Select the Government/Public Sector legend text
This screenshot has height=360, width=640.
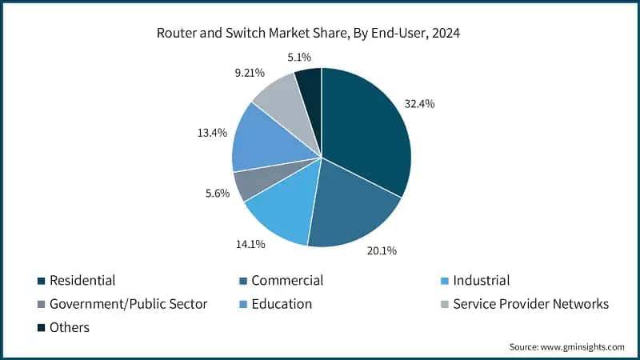(128, 304)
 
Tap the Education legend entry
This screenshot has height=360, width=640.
(281, 304)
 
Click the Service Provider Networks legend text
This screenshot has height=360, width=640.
(530, 304)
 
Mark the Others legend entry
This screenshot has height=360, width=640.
(69, 327)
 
